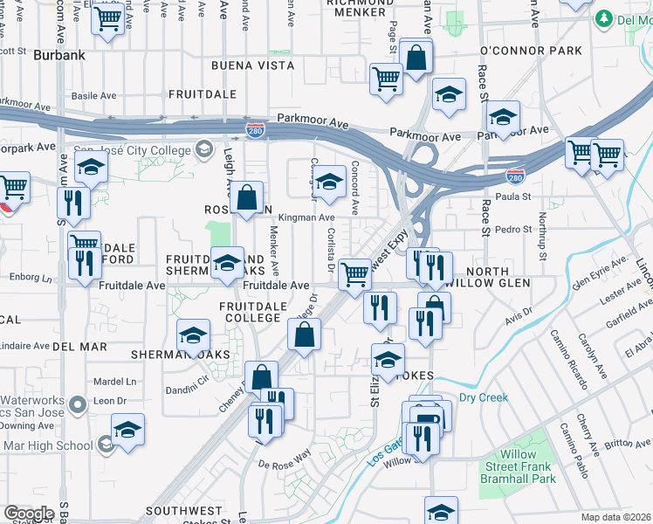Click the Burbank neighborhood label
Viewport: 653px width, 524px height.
(59, 55)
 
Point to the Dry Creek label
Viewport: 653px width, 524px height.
(483, 398)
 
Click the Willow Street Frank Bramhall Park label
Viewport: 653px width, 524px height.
(527, 467)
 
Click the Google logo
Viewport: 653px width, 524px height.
(30, 514)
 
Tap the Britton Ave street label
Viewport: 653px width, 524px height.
(627, 444)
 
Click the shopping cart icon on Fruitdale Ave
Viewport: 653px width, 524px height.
(354, 274)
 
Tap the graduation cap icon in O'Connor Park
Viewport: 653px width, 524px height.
(504, 116)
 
